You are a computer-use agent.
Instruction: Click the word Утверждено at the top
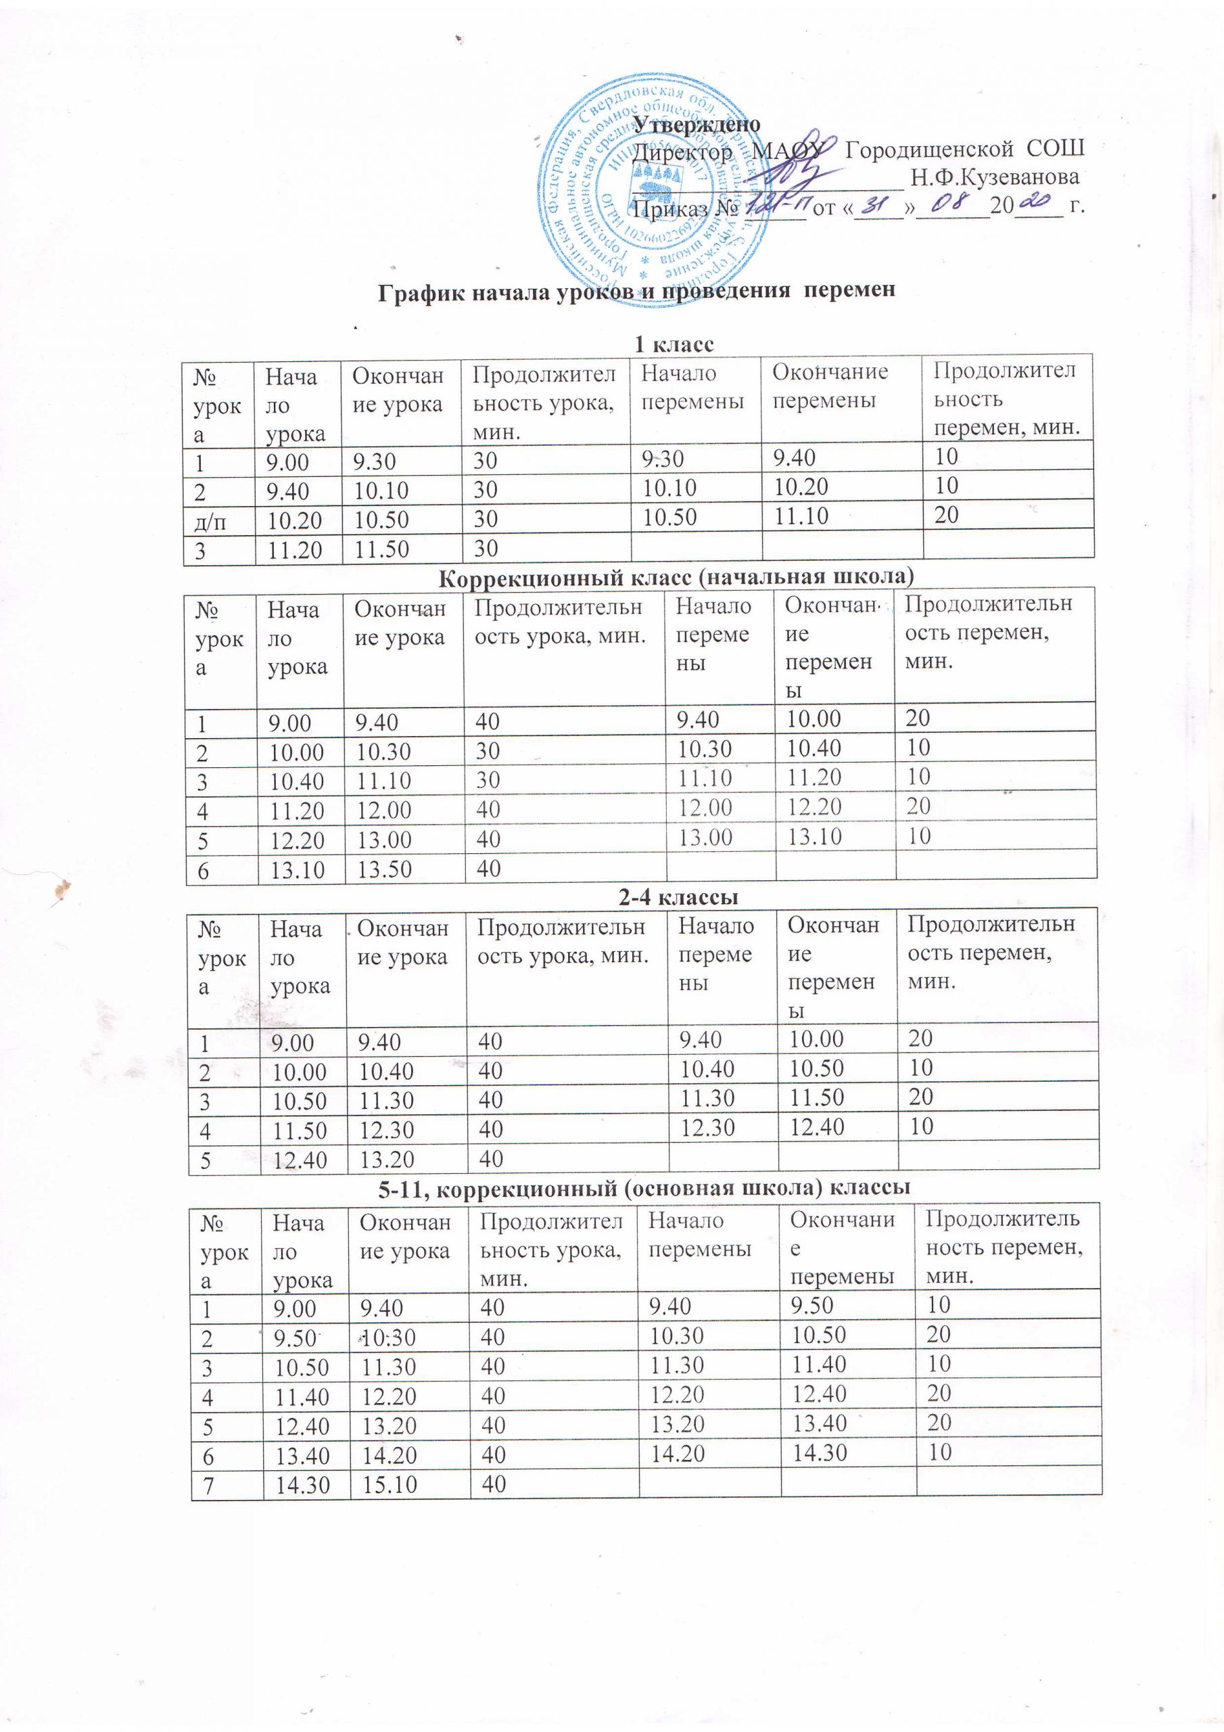pyautogui.click(x=696, y=123)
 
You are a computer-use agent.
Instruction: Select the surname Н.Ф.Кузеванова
pyautogui.click(x=994, y=178)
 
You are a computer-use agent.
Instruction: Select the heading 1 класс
pyautogui.click(x=673, y=345)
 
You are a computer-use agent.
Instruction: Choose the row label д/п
pyautogui.click(x=211, y=520)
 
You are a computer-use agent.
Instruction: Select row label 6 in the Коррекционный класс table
pyautogui.click(x=203, y=869)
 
